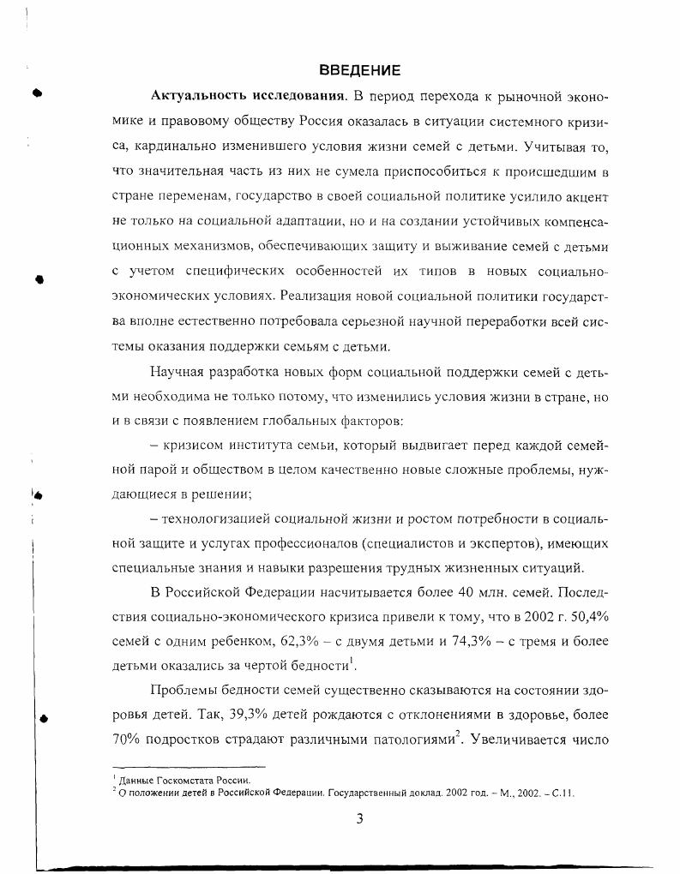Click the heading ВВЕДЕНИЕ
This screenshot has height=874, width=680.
360,69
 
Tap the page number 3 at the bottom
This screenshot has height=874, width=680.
360,818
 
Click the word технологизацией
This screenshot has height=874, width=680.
210,519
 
